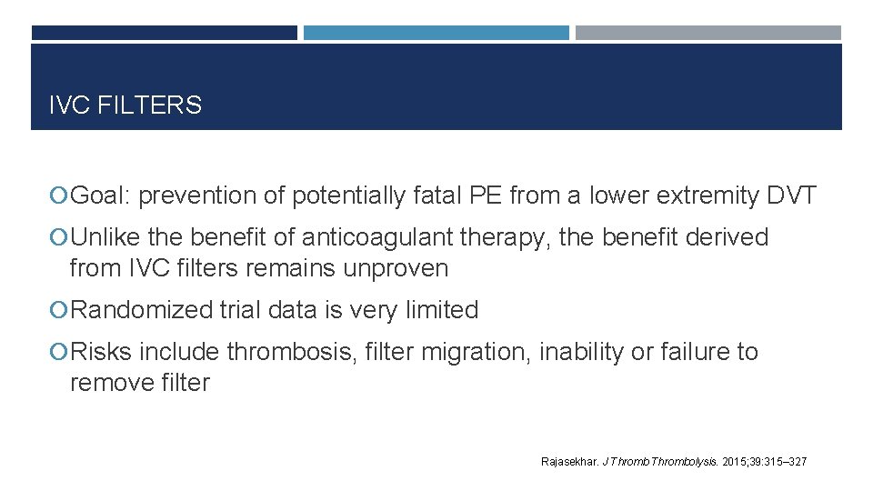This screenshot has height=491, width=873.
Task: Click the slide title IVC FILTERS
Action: click(125, 105)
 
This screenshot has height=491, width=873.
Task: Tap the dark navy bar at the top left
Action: click(164, 33)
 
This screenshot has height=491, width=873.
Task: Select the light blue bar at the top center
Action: click(436, 33)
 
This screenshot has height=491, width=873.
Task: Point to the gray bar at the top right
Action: click(707, 33)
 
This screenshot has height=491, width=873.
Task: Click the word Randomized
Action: click(141, 310)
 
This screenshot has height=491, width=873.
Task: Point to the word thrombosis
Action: click(287, 352)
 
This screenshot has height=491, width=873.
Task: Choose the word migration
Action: click(471, 352)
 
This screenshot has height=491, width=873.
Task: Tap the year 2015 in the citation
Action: click(733, 462)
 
